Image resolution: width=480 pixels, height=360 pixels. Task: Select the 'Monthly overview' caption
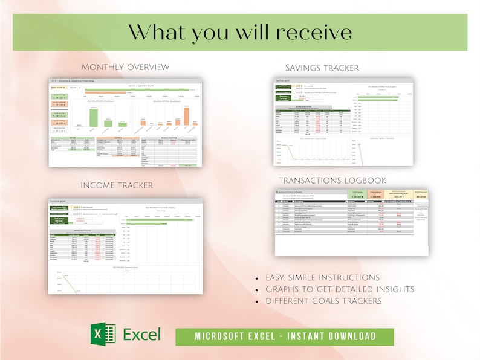pos(125,66)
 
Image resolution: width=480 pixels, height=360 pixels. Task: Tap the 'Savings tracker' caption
pos(322,67)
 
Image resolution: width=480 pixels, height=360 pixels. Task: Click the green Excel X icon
pos(102,335)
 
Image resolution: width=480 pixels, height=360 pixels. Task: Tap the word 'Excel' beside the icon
pos(141,335)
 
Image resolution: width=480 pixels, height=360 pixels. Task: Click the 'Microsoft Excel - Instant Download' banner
pos(285,336)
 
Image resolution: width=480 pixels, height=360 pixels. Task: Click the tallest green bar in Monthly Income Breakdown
pos(94,117)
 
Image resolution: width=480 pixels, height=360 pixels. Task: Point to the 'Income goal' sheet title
pos(59,199)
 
